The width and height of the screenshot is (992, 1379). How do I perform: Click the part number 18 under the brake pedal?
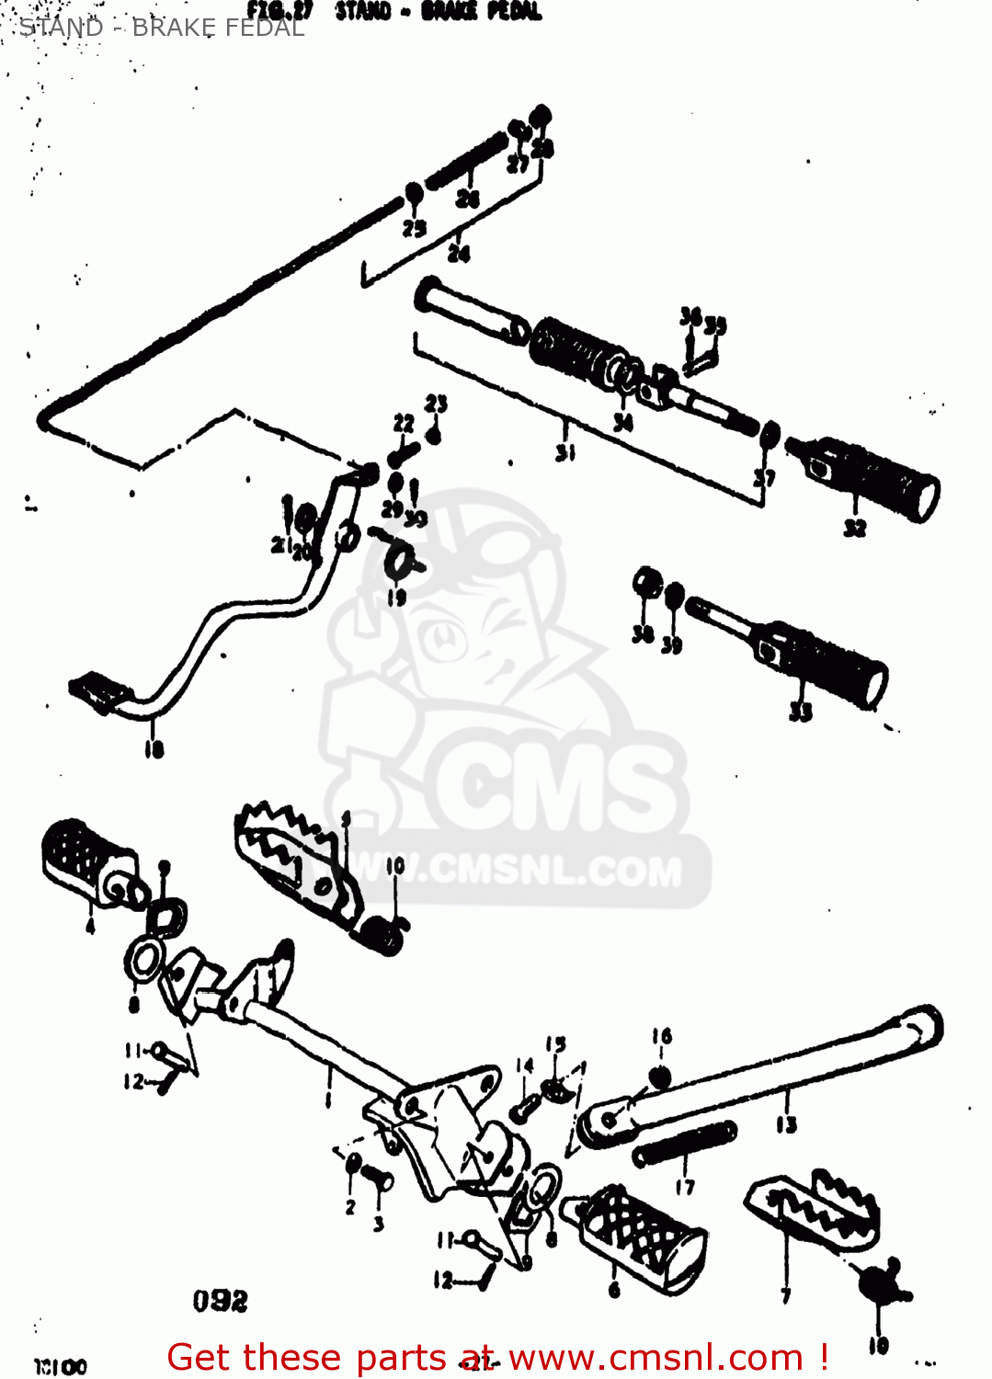154,749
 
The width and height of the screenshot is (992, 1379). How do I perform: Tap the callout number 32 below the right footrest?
855,527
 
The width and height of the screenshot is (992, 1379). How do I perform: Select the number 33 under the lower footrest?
801,711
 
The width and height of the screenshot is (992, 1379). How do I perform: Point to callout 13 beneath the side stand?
786,1123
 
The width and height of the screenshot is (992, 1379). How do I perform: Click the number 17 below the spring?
685,1187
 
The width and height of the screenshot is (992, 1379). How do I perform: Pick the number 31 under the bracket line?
565,450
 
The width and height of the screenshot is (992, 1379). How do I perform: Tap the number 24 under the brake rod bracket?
458,253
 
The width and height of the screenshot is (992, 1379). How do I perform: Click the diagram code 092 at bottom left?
221,1301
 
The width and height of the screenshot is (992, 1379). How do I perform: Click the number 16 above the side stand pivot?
662,1036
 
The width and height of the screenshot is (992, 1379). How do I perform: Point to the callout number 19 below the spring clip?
396,598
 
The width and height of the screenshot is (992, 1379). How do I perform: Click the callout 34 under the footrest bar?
622,422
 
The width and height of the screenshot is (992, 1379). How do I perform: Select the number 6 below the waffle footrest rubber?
614,1291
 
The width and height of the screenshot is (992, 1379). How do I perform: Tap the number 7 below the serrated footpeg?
785,1295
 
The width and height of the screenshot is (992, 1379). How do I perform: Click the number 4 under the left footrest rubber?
90,926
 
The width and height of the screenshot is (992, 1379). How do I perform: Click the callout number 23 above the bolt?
436,404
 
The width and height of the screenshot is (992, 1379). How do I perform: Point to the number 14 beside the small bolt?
524,1066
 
